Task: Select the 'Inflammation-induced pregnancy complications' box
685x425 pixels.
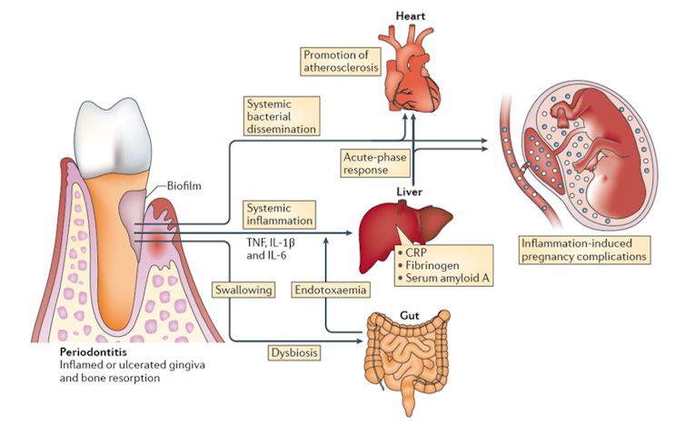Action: [x=585, y=250]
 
